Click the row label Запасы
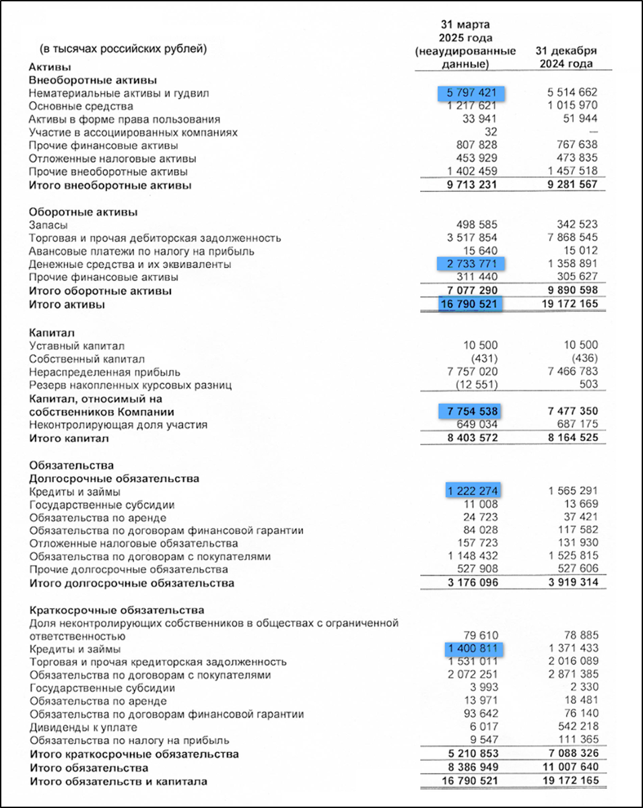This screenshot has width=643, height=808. click(x=48, y=225)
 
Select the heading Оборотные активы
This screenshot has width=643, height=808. click(x=83, y=211)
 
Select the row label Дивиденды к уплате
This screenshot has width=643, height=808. click(x=83, y=727)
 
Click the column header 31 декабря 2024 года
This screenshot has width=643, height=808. click(x=566, y=57)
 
